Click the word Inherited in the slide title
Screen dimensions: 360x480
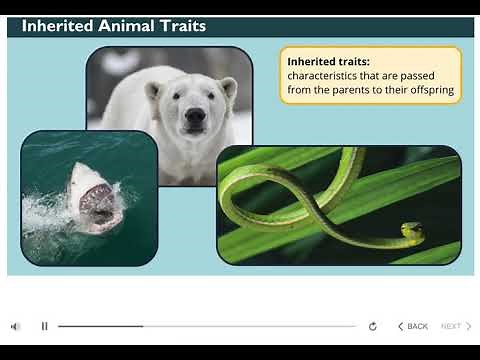[x=59, y=26]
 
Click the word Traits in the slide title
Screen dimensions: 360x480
[x=180, y=26]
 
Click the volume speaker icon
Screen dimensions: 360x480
[x=15, y=326]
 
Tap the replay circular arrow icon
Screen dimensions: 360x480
[x=373, y=326]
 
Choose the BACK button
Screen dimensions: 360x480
[x=413, y=326]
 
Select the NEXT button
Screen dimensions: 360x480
[x=456, y=326]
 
